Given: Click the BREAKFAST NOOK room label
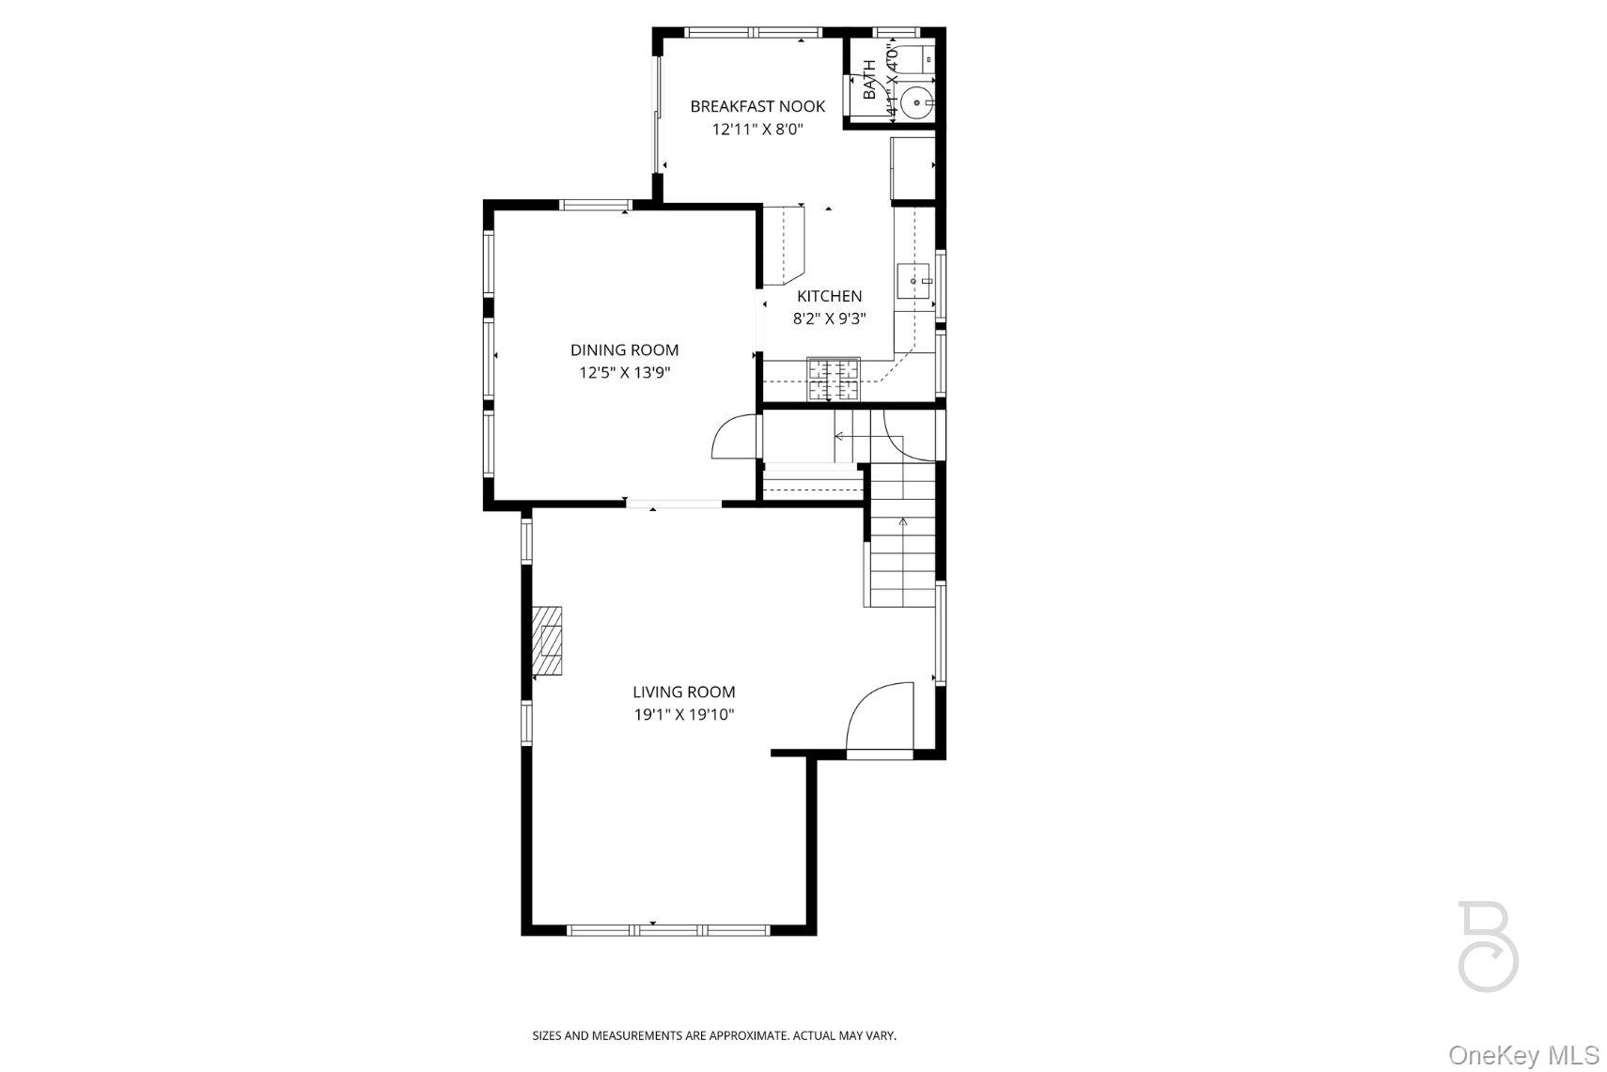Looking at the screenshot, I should (757, 106).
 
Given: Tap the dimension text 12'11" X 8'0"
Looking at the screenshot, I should (757, 130).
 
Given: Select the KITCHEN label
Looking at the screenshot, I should (829, 296).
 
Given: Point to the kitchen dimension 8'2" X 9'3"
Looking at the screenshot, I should (829, 318).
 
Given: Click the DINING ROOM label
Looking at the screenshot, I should (624, 350).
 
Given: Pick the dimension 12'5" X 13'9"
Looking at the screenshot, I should (624, 373).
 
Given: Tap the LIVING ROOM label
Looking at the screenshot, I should (683, 691).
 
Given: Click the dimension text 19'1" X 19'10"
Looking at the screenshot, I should (683, 715).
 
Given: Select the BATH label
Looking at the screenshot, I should (869, 80).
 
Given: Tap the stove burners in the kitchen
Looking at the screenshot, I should (834, 379).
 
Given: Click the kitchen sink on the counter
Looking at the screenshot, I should (913, 280).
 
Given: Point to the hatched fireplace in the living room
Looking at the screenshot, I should (548, 641).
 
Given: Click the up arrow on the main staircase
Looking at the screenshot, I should (903, 522).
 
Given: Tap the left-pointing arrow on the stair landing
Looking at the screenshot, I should (839, 437).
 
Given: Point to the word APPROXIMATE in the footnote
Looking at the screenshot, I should (748, 1035).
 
